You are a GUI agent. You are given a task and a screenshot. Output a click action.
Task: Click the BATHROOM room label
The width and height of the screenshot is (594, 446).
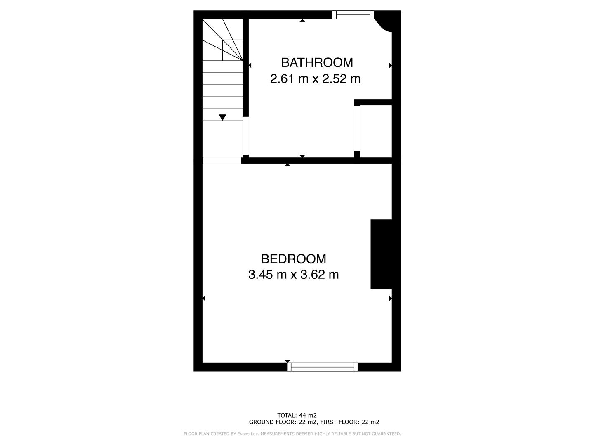(317, 62)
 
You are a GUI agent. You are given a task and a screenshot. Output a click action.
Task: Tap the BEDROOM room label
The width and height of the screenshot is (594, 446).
(293, 259)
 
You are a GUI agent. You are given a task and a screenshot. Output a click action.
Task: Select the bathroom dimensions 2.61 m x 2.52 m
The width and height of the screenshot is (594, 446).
(315, 78)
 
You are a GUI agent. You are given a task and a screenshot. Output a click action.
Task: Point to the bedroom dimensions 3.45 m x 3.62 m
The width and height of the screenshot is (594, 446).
(293, 275)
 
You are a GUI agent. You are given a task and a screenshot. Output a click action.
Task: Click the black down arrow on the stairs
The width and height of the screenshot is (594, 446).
(222, 117)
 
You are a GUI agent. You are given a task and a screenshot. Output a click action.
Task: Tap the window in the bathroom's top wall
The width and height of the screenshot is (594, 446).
(353, 15)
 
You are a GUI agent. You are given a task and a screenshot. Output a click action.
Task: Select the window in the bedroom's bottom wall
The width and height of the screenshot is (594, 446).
(323, 367)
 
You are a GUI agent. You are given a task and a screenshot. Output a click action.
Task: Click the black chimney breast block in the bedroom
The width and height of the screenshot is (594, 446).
(381, 254)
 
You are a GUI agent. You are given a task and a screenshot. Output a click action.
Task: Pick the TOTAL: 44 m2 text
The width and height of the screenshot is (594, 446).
(297, 415)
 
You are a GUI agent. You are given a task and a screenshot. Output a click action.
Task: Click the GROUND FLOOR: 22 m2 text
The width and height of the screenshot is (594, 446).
(283, 422)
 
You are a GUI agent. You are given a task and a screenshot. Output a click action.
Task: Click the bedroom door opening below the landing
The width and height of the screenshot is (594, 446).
(222, 160)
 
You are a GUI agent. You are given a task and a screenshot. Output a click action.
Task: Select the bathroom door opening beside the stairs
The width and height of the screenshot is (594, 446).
(245, 136)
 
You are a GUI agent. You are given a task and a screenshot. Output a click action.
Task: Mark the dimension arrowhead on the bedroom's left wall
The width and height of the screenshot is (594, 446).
(204, 298)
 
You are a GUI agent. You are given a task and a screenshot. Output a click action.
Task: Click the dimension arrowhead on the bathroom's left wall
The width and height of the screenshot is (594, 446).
(250, 65)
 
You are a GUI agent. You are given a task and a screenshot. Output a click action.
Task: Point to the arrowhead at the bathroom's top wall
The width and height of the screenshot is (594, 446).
(302, 20)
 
